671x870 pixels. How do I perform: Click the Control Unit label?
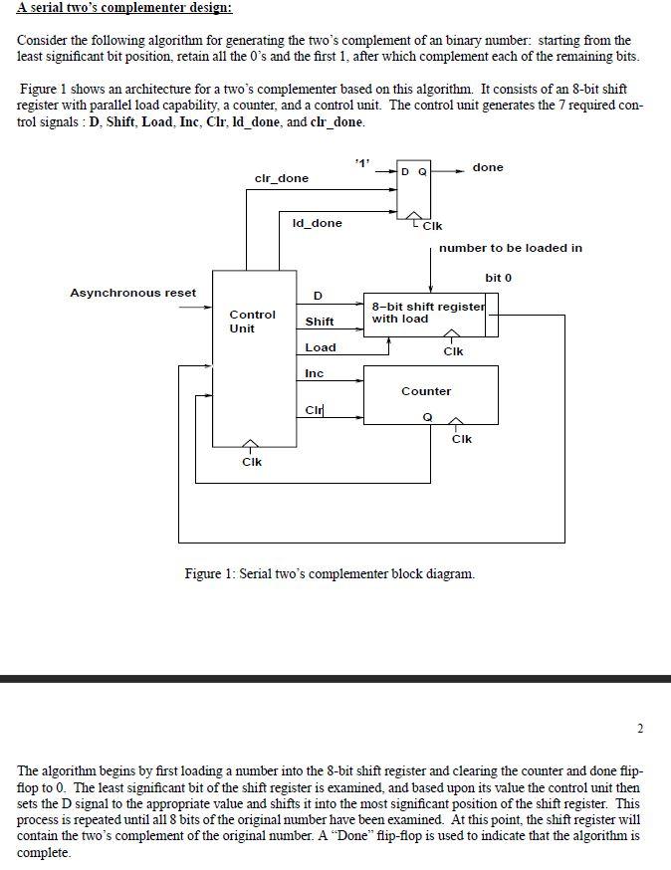(252, 322)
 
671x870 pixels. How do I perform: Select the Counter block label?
(426, 391)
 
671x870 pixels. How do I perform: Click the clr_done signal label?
(282, 178)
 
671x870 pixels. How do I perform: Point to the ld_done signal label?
(317, 223)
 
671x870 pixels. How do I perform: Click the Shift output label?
(320, 322)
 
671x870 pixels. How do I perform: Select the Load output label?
(321, 347)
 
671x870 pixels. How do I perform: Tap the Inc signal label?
(314, 373)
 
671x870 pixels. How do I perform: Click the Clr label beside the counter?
(315, 410)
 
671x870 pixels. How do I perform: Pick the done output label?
(488, 167)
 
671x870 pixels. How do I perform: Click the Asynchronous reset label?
(132, 293)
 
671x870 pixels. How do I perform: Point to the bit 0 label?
(499, 278)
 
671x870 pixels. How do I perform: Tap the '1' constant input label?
(361, 162)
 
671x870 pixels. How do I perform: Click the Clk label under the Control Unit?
(252, 462)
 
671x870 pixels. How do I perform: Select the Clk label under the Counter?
(461, 439)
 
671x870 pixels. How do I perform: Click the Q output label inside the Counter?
(427, 417)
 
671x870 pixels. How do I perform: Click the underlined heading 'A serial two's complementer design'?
(124, 8)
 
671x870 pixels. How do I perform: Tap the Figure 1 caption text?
(330, 573)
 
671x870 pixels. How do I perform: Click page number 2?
(640, 729)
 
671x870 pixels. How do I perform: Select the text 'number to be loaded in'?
(511, 248)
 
